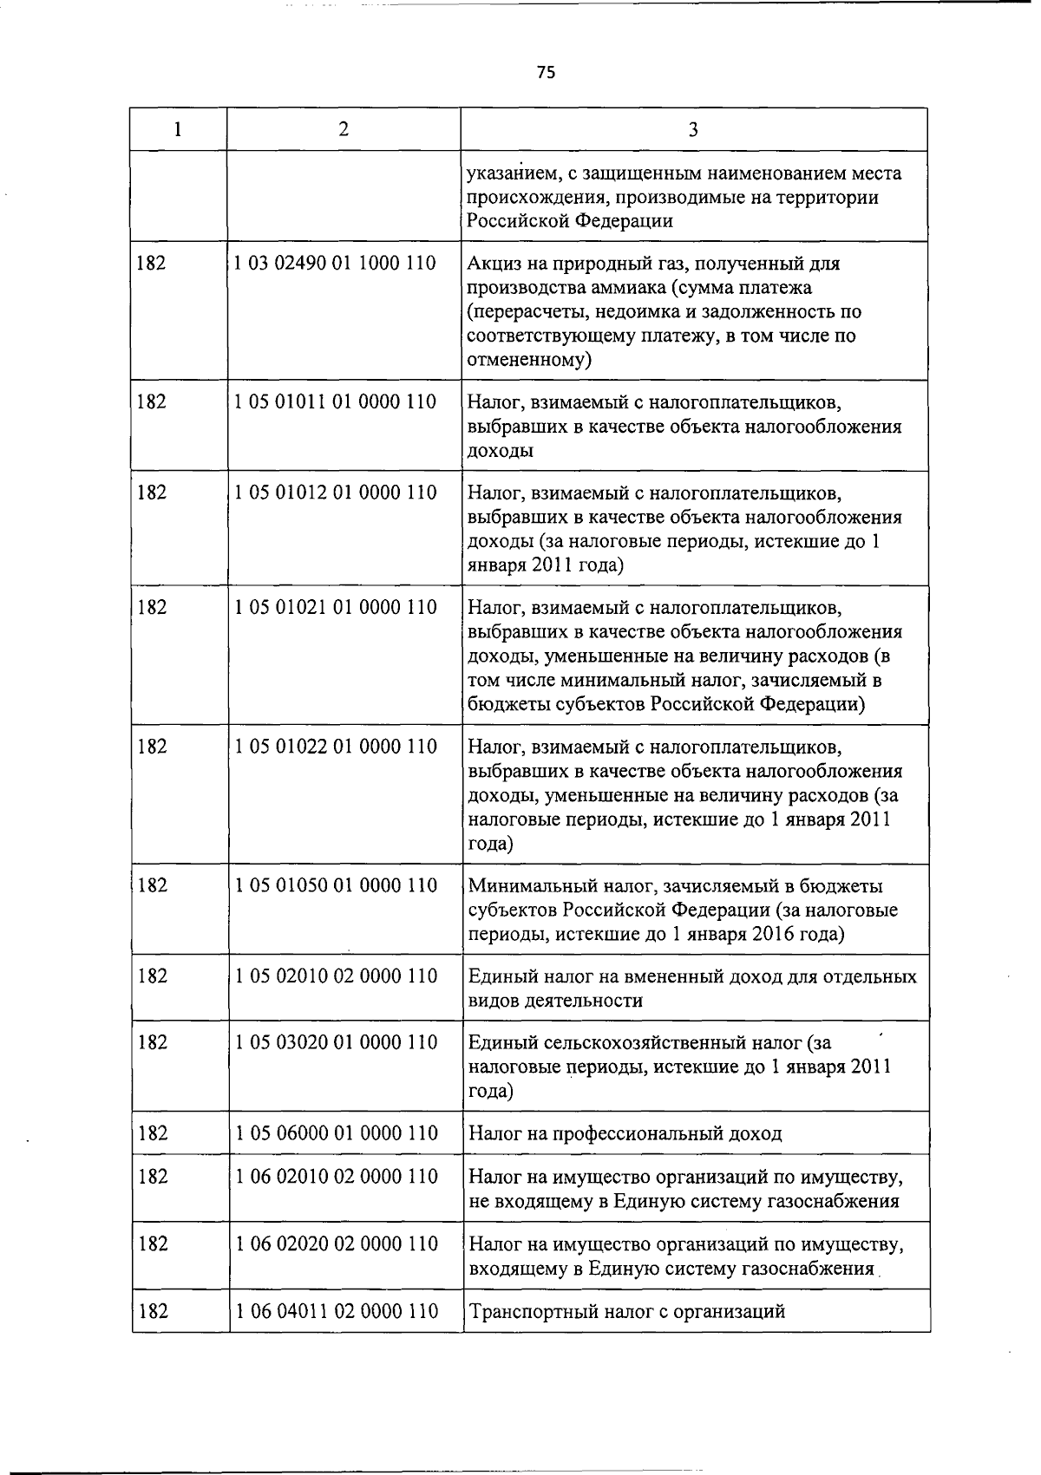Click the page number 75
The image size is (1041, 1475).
[x=545, y=72]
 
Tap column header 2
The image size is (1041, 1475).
[x=344, y=129]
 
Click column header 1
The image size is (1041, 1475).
[x=178, y=129]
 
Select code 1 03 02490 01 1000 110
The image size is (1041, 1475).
[x=335, y=263]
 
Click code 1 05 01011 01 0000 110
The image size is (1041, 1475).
[x=335, y=402]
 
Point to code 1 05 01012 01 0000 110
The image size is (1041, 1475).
[x=335, y=493]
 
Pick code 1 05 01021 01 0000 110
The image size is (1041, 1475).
[x=335, y=607]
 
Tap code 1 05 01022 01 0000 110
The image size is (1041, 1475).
[x=335, y=747]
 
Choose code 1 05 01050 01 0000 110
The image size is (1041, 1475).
[x=335, y=885]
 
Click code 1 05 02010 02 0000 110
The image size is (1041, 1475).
[x=335, y=976]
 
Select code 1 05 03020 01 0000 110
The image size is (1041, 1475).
[x=335, y=1042]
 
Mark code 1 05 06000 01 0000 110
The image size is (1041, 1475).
[x=335, y=1133]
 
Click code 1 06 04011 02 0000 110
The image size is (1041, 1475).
[x=335, y=1311]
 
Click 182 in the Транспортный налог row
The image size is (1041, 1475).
[x=153, y=1311]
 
